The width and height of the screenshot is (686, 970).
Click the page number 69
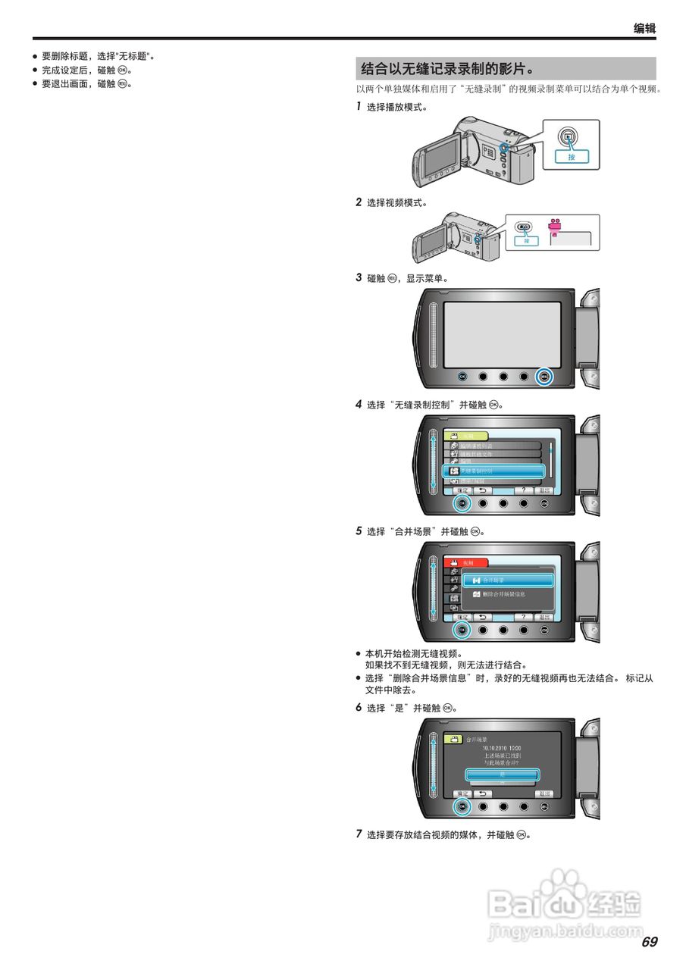click(649, 942)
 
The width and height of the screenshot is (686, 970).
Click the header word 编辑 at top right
click(644, 29)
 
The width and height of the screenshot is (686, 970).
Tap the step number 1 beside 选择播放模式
click(359, 107)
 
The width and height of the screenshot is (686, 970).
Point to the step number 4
click(359, 404)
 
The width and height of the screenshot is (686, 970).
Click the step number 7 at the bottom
click(359, 834)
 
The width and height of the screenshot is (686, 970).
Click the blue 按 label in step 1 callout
click(571, 157)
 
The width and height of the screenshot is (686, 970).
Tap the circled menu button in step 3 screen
click(544, 376)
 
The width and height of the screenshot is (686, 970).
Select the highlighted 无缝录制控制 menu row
click(493, 471)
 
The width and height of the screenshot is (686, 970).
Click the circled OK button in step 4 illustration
click(462, 502)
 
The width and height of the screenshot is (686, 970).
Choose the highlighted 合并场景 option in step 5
click(508, 580)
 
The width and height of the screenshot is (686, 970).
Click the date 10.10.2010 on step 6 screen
click(501, 748)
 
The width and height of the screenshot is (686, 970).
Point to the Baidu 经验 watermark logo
click(565, 902)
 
